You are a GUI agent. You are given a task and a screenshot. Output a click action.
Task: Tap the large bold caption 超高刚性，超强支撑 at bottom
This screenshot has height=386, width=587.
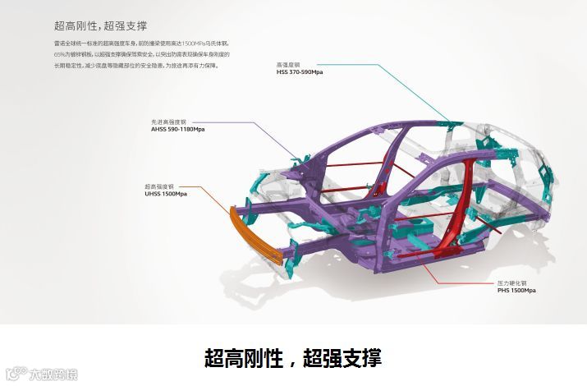[x=293, y=358]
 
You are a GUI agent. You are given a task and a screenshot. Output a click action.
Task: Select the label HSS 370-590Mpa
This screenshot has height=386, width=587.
[x=299, y=71]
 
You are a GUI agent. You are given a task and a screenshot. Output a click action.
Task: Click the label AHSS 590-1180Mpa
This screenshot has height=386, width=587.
[x=178, y=128]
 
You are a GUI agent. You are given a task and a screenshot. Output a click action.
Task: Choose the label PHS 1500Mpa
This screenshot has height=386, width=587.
[x=516, y=290]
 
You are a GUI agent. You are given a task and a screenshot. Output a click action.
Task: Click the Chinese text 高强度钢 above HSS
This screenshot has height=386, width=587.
[x=288, y=63]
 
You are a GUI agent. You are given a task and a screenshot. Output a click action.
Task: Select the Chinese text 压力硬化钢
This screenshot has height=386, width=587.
[x=507, y=283]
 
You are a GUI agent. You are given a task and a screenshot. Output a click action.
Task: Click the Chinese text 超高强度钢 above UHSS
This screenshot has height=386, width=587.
[x=158, y=186]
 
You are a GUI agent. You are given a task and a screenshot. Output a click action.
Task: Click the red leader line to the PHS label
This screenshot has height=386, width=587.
[x=460, y=271]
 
